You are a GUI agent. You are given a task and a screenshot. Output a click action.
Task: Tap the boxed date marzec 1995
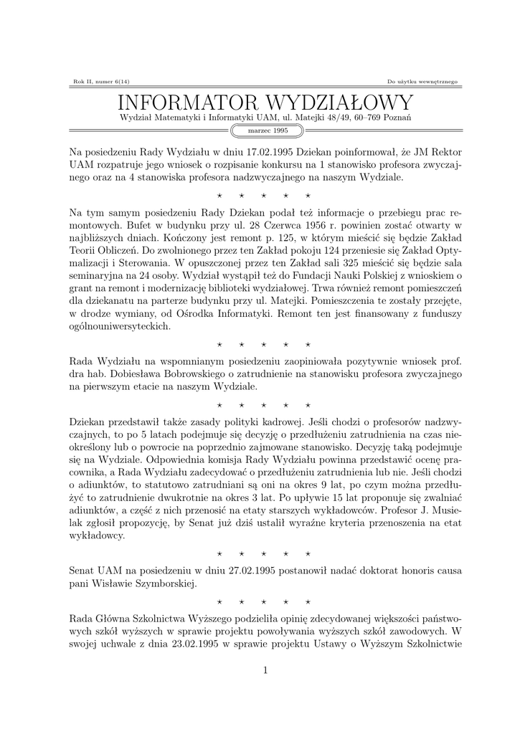[x=268, y=130]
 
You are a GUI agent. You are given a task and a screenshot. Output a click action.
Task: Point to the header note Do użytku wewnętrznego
[x=422, y=82]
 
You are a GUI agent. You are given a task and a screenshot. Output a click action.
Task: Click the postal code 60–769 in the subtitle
[x=377, y=117]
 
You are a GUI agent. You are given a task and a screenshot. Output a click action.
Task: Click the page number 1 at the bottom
[x=265, y=670]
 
